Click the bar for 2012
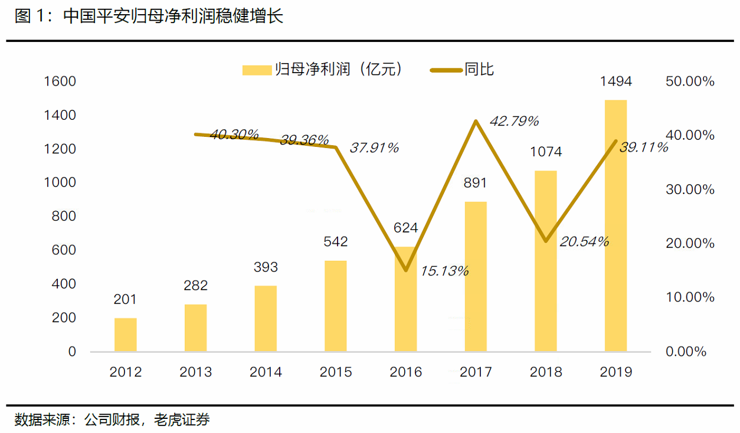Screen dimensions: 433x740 [x=125, y=334]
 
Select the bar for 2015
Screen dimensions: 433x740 [x=336, y=306]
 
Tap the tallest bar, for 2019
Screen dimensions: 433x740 [x=615, y=225]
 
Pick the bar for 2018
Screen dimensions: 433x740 [x=545, y=261]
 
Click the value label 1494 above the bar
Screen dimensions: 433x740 [x=615, y=81]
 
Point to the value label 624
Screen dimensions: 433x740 [x=405, y=228]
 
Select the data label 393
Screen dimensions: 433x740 [x=266, y=267]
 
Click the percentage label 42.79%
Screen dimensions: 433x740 [x=514, y=122]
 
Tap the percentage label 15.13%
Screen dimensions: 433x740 [x=444, y=271]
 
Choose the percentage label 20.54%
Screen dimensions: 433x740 [x=584, y=241]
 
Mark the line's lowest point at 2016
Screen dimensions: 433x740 [x=406, y=270]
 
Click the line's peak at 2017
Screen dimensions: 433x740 [x=476, y=121]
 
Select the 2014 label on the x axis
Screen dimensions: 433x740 [x=266, y=372]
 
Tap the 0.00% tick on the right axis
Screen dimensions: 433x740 [x=686, y=352]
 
